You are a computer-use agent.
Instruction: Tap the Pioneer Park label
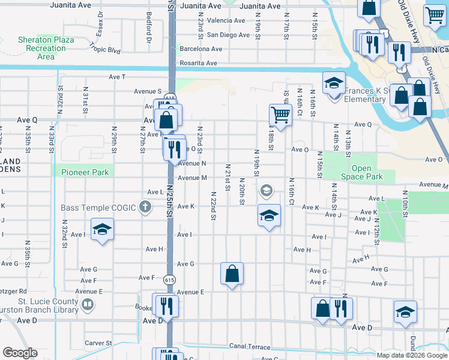[x=85, y=172]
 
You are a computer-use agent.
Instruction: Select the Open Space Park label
[x=367, y=173]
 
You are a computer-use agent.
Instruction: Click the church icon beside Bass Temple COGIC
[x=145, y=208]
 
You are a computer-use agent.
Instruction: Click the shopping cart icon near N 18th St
[x=280, y=113]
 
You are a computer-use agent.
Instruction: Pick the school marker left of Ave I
[x=102, y=229]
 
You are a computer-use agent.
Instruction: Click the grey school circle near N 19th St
[x=266, y=191]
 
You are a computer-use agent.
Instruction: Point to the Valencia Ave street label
[x=226, y=20]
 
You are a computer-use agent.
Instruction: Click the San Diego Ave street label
[x=228, y=35]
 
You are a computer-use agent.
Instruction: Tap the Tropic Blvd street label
[x=105, y=46]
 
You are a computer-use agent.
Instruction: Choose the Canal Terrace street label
[x=250, y=347]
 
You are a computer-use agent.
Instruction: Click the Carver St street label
[x=95, y=343]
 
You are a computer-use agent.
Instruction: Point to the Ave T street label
[x=117, y=77]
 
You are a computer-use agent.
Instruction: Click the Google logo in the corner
[x=20, y=353]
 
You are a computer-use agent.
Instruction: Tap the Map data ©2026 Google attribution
[x=412, y=355]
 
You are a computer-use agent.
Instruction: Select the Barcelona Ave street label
[x=201, y=49]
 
